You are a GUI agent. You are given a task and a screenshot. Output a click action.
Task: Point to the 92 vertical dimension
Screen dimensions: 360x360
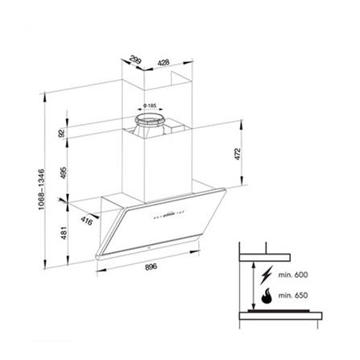click(x=60, y=133)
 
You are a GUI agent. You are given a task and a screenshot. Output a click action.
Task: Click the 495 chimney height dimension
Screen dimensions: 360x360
click(x=60, y=172)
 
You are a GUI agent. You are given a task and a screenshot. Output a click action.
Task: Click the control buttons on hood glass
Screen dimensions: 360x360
click(x=163, y=215)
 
